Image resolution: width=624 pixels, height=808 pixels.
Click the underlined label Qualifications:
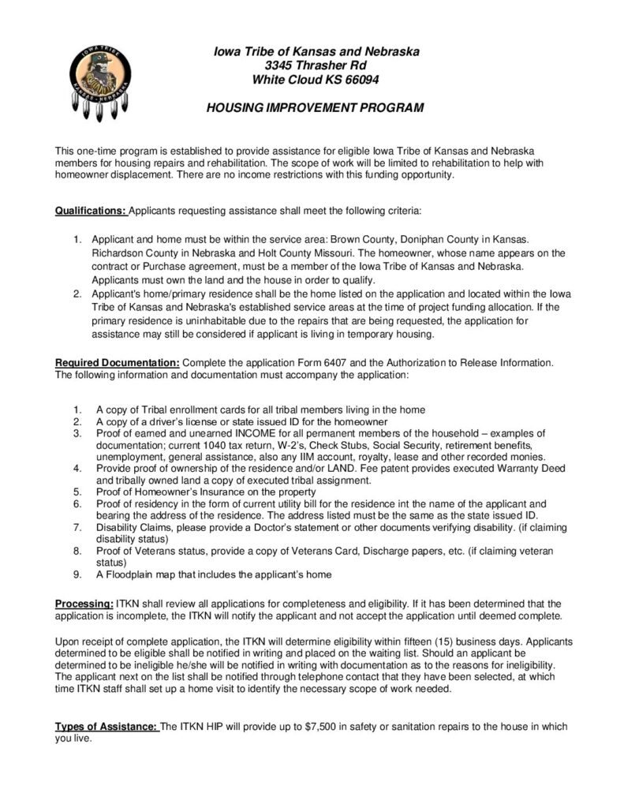(90, 211)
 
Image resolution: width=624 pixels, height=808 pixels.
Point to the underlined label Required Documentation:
(118, 362)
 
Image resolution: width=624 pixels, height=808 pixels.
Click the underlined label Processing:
(84, 604)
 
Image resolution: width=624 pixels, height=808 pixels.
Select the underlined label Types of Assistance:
(106, 727)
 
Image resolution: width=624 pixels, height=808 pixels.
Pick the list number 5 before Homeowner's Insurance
(77, 492)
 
